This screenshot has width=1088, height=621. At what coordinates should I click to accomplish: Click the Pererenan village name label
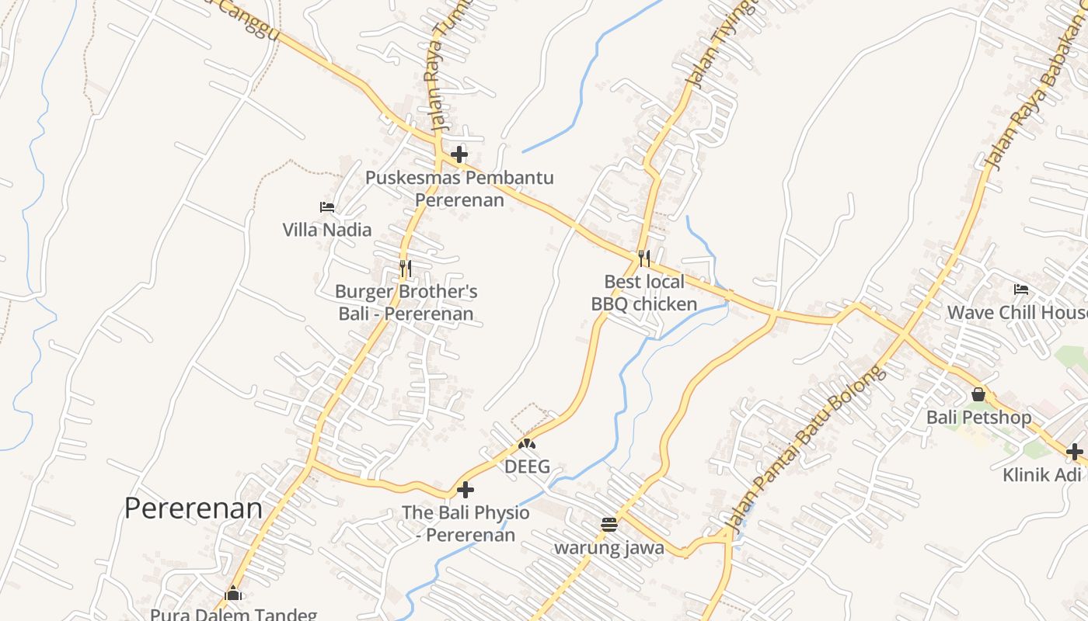(194, 508)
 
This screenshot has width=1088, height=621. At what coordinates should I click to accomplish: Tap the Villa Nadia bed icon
(327, 207)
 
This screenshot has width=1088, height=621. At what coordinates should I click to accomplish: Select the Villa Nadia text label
(326, 230)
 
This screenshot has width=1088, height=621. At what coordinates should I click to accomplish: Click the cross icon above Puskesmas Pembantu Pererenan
(459, 154)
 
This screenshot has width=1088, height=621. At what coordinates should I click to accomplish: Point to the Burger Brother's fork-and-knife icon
(405, 269)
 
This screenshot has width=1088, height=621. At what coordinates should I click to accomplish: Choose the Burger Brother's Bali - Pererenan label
(406, 303)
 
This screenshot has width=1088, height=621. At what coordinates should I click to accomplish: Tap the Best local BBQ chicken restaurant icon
(643, 258)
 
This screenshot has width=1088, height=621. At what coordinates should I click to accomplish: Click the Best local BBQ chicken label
(644, 293)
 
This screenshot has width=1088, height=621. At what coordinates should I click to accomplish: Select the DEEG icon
(527, 445)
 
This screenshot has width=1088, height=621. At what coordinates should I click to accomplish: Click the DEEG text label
(527, 467)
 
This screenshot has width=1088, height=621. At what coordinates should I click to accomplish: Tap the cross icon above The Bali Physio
(466, 490)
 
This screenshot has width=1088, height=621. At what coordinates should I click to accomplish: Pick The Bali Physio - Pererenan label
(466, 524)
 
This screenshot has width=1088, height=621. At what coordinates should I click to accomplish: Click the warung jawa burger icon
(609, 525)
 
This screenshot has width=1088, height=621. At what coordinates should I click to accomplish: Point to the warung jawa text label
(609, 548)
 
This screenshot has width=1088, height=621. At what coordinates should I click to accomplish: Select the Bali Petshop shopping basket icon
(978, 394)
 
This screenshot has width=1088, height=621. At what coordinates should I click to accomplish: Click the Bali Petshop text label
(978, 418)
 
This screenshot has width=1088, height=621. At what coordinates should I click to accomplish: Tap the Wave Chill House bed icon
(1021, 290)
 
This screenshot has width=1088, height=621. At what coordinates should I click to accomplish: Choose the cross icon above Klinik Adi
(1075, 451)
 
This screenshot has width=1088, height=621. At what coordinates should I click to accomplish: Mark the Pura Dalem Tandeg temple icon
(233, 594)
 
